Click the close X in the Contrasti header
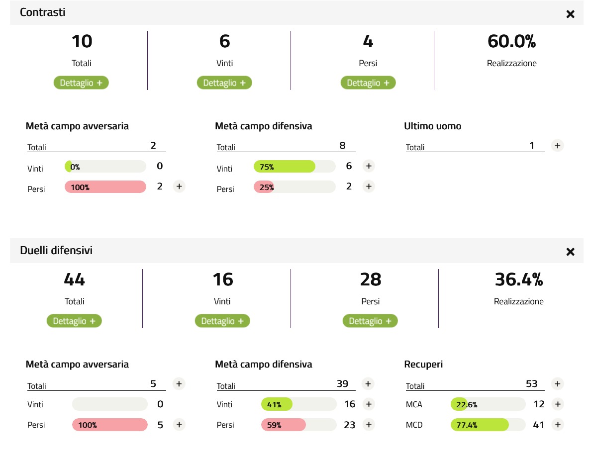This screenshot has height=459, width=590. [x=570, y=14]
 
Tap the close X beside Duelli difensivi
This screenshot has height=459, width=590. [x=570, y=252]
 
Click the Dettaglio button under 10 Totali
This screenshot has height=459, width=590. [x=81, y=83]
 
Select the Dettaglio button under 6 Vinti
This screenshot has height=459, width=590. [x=224, y=83]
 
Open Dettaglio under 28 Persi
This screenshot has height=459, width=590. [x=370, y=321]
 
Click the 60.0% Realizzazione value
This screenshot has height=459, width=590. [x=511, y=42]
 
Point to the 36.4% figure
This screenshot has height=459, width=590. [x=518, y=280]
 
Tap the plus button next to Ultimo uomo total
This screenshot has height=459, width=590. [x=558, y=146]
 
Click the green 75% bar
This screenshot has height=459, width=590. [x=285, y=167]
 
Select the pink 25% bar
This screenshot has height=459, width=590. [x=264, y=187]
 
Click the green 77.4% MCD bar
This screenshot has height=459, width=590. [x=480, y=425]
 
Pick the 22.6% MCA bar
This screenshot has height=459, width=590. [x=459, y=404]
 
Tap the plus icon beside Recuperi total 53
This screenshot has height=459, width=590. [x=558, y=384]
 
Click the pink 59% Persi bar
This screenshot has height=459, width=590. [x=283, y=425]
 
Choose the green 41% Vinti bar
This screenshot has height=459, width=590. [x=277, y=404]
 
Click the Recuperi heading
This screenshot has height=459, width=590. [x=423, y=365]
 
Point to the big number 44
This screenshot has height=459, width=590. [x=74, y=280]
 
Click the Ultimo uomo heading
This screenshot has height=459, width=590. [x=432, y=126]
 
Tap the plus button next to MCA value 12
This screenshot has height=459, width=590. [x=558, y=404]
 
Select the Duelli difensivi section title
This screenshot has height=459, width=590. [x=56, y=251]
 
